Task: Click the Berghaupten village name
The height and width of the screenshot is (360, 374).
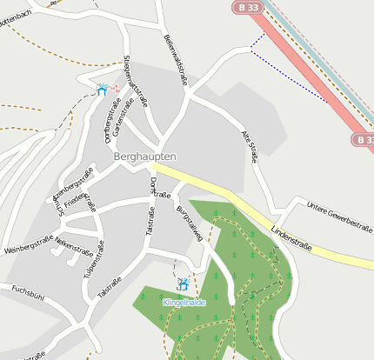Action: (x=144, y=156)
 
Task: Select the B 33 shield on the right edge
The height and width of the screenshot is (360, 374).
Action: (x=364, y=139)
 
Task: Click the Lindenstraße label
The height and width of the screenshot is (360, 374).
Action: (x=291, y=235)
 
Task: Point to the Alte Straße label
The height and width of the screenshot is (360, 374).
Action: (x=249, y=147)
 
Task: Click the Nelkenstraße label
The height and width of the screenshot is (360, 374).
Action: (x=74, y=250)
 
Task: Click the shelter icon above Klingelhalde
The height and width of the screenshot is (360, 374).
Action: (x=184, y=284)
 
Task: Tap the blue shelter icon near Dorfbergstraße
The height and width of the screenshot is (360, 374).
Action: (x=102, y=90)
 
